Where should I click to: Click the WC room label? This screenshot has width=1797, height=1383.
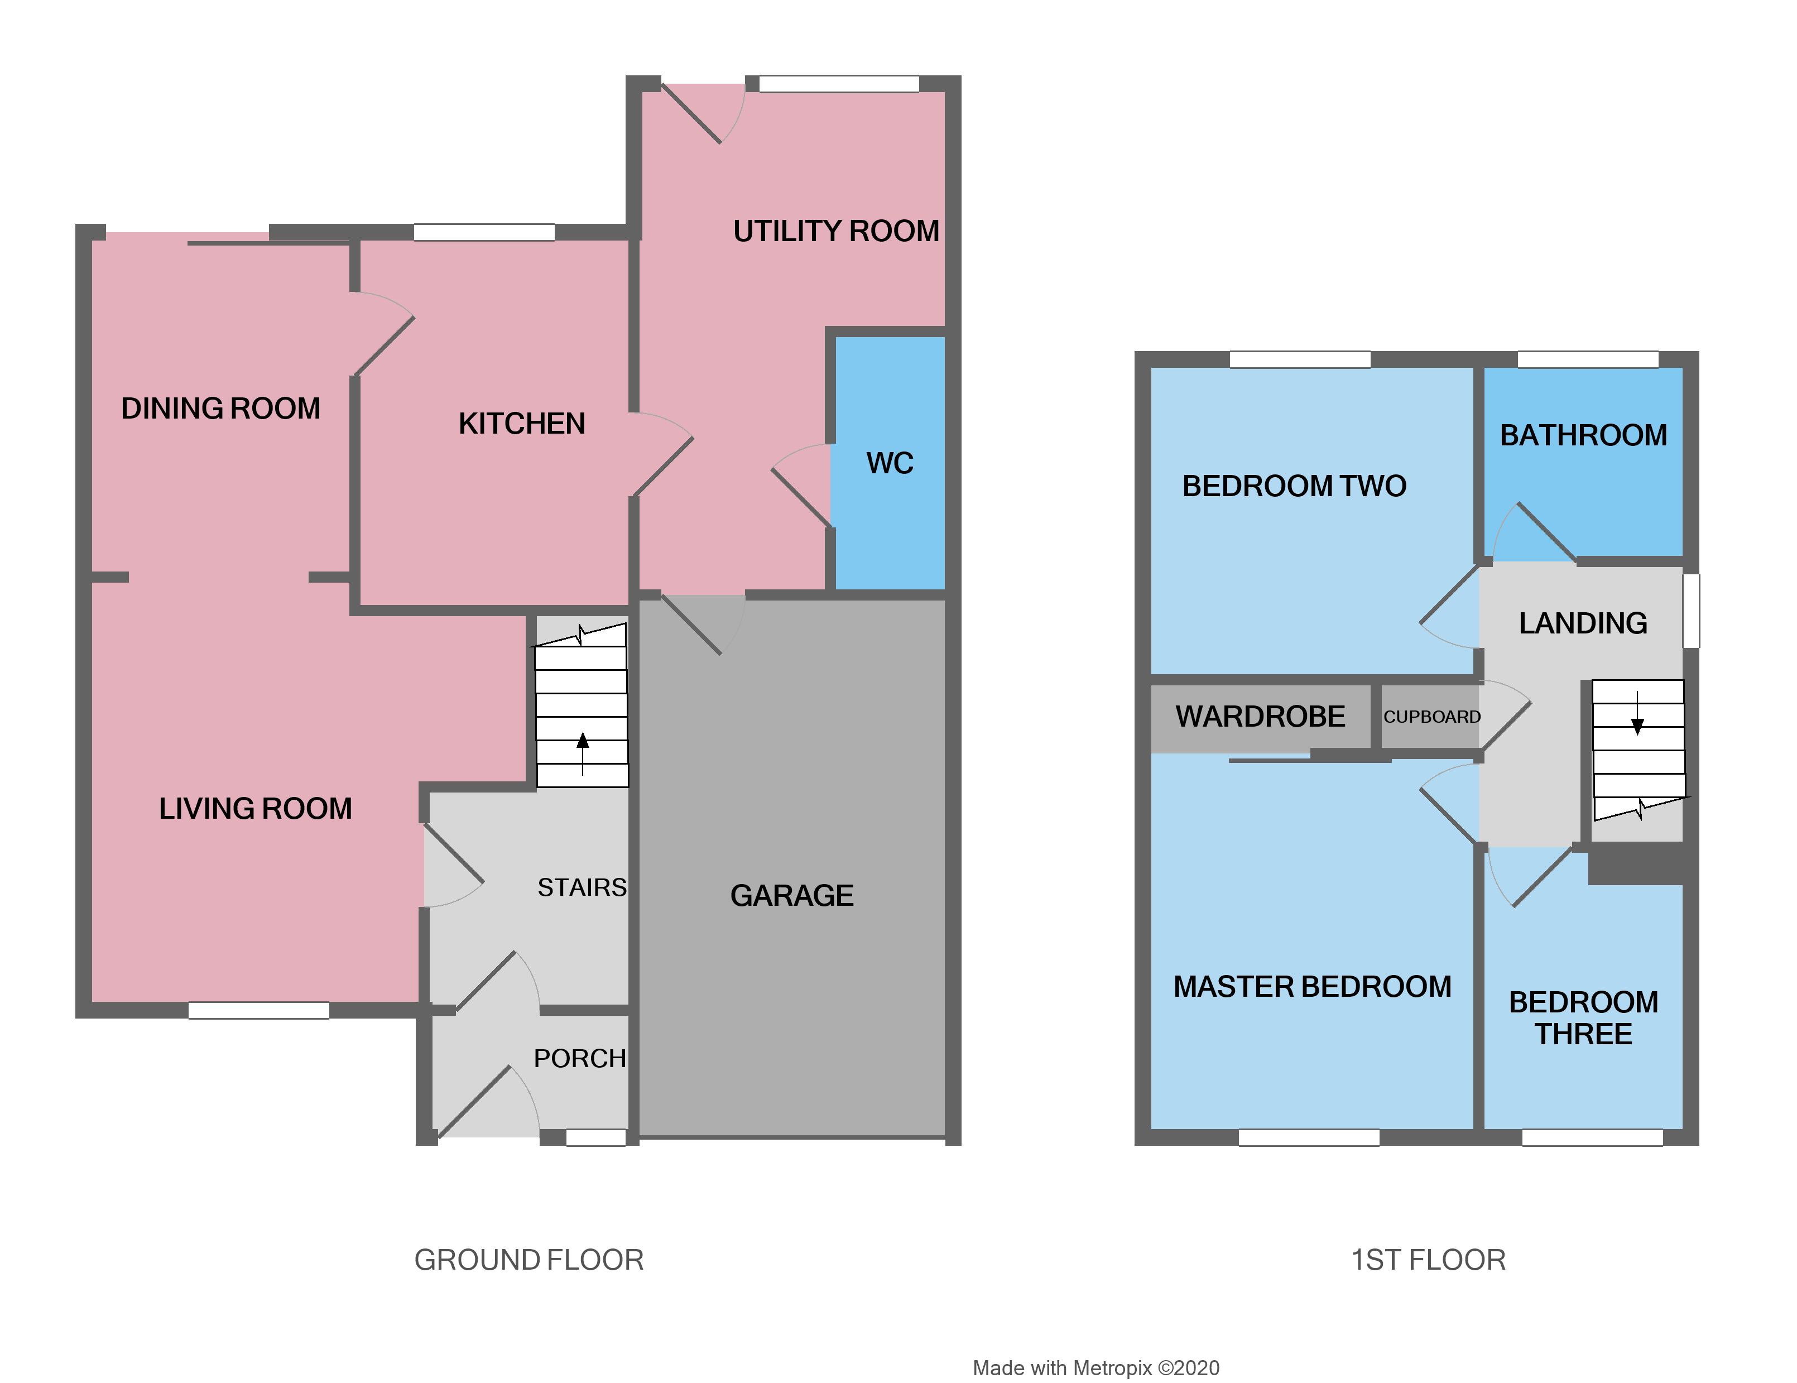tap(890, 463)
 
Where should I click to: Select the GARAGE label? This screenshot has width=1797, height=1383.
tap(791, 895)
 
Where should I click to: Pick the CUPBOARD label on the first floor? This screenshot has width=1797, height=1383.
tap(1431, 717)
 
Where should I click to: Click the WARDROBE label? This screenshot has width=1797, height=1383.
tap(1260, 717)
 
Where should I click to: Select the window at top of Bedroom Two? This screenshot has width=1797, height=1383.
tap(1299, 359)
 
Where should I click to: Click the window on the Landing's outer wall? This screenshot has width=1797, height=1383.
tap(1691, 611)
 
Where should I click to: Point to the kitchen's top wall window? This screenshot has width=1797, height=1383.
tap(484, 233)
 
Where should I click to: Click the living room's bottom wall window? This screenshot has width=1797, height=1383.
tap(258, 1010)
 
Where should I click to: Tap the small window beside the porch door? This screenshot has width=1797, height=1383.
tap(595, 1138)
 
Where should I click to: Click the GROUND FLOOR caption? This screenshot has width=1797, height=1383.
tap(528, 1260)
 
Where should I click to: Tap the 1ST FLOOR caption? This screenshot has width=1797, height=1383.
tap(1428, 1260)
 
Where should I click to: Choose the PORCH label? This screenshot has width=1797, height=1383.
tap(579, 1058)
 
